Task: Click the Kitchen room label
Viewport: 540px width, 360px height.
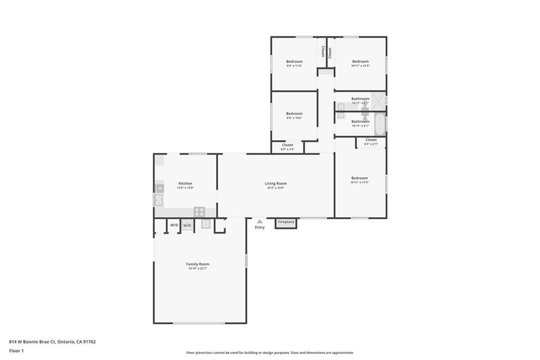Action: coord(185,183)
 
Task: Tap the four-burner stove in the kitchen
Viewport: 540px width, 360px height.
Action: coord(199,211)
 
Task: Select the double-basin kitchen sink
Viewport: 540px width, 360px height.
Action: coord(158,200)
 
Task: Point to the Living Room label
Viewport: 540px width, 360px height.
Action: coord(275,183)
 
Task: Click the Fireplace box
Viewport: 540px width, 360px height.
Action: coord(286,222)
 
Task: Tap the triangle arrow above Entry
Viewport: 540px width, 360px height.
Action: coord(259,222)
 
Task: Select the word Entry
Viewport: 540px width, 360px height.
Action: coord(259,228)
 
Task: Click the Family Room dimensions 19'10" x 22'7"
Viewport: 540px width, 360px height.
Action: coord(198,269)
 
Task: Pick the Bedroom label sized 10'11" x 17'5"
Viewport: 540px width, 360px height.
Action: coord(360,178)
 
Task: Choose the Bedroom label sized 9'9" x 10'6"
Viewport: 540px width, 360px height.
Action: coord(294,113)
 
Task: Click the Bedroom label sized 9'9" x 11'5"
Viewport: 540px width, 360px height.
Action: coord(294,62)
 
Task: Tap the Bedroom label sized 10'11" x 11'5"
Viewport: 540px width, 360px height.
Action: coord(360,62)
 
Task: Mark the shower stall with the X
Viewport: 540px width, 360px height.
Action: coord(378,99)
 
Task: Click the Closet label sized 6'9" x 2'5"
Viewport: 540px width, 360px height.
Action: coord(287,145)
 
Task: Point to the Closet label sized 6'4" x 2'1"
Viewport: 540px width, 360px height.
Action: coord(371,140)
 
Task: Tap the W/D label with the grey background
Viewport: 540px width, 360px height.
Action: coord(187,225)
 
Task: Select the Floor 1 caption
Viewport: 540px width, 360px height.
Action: coord(16,351)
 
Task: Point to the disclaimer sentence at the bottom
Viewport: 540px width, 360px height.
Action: coord(270,353)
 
